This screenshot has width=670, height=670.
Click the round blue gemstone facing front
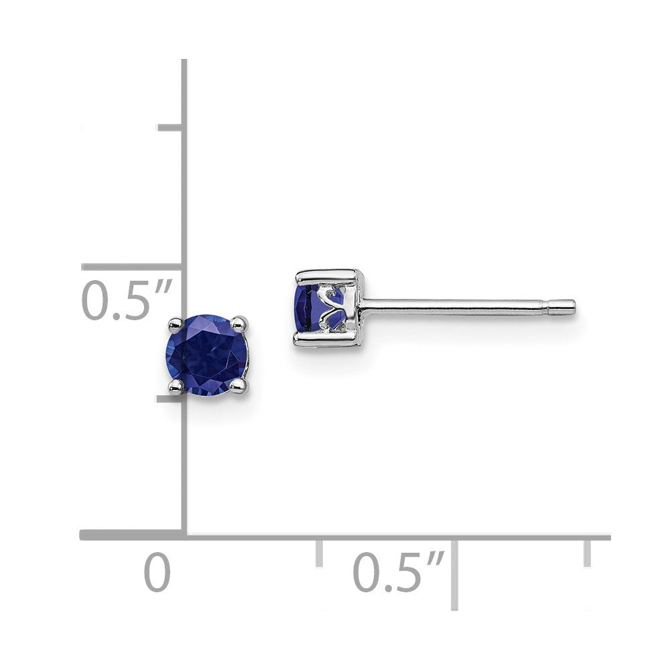[206, 355]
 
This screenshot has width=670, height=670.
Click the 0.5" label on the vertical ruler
[126, 301]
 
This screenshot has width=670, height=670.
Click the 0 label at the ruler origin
[157, 573]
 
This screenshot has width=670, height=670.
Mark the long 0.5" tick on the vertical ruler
[131, 267]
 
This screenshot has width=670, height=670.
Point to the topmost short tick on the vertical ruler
[170, 127]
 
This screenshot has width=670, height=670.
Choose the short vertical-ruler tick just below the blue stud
[170, 399]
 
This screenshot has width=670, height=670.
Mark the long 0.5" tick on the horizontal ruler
[454, 573]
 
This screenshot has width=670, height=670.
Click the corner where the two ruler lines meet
[184, 535]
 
